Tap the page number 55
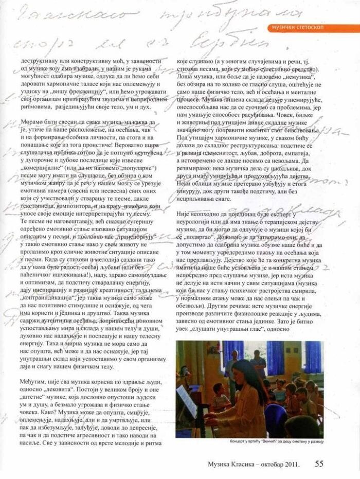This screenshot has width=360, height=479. pyautogui.click(x=320, y=463)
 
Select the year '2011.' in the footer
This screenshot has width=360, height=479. pyautogui.click(x=290, y=464)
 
